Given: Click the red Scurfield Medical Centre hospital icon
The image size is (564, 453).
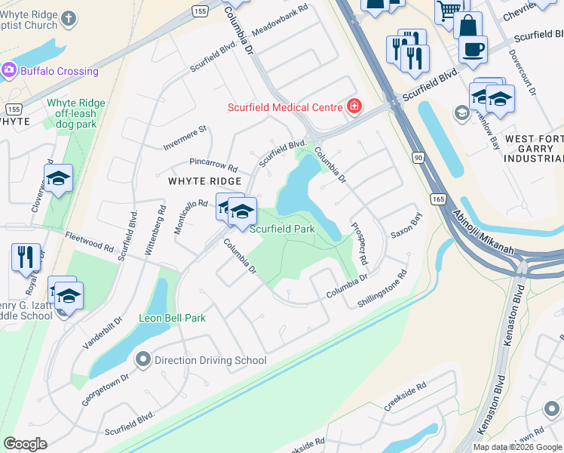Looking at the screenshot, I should click(354, 107).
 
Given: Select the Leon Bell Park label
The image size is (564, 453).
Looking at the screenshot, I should click(172, 318).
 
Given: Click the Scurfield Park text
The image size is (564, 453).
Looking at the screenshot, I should click(282, 228).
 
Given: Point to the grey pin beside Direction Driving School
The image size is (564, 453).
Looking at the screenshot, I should click(143, 360).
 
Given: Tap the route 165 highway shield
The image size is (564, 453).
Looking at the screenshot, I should click(439, 198).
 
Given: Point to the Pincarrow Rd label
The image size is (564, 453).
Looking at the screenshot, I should click(213, 164).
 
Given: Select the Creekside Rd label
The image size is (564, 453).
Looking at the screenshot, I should click(405, 396).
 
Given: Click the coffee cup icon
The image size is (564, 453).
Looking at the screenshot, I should click(473, 49).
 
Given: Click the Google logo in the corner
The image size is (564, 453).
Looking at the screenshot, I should click(26, 443).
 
